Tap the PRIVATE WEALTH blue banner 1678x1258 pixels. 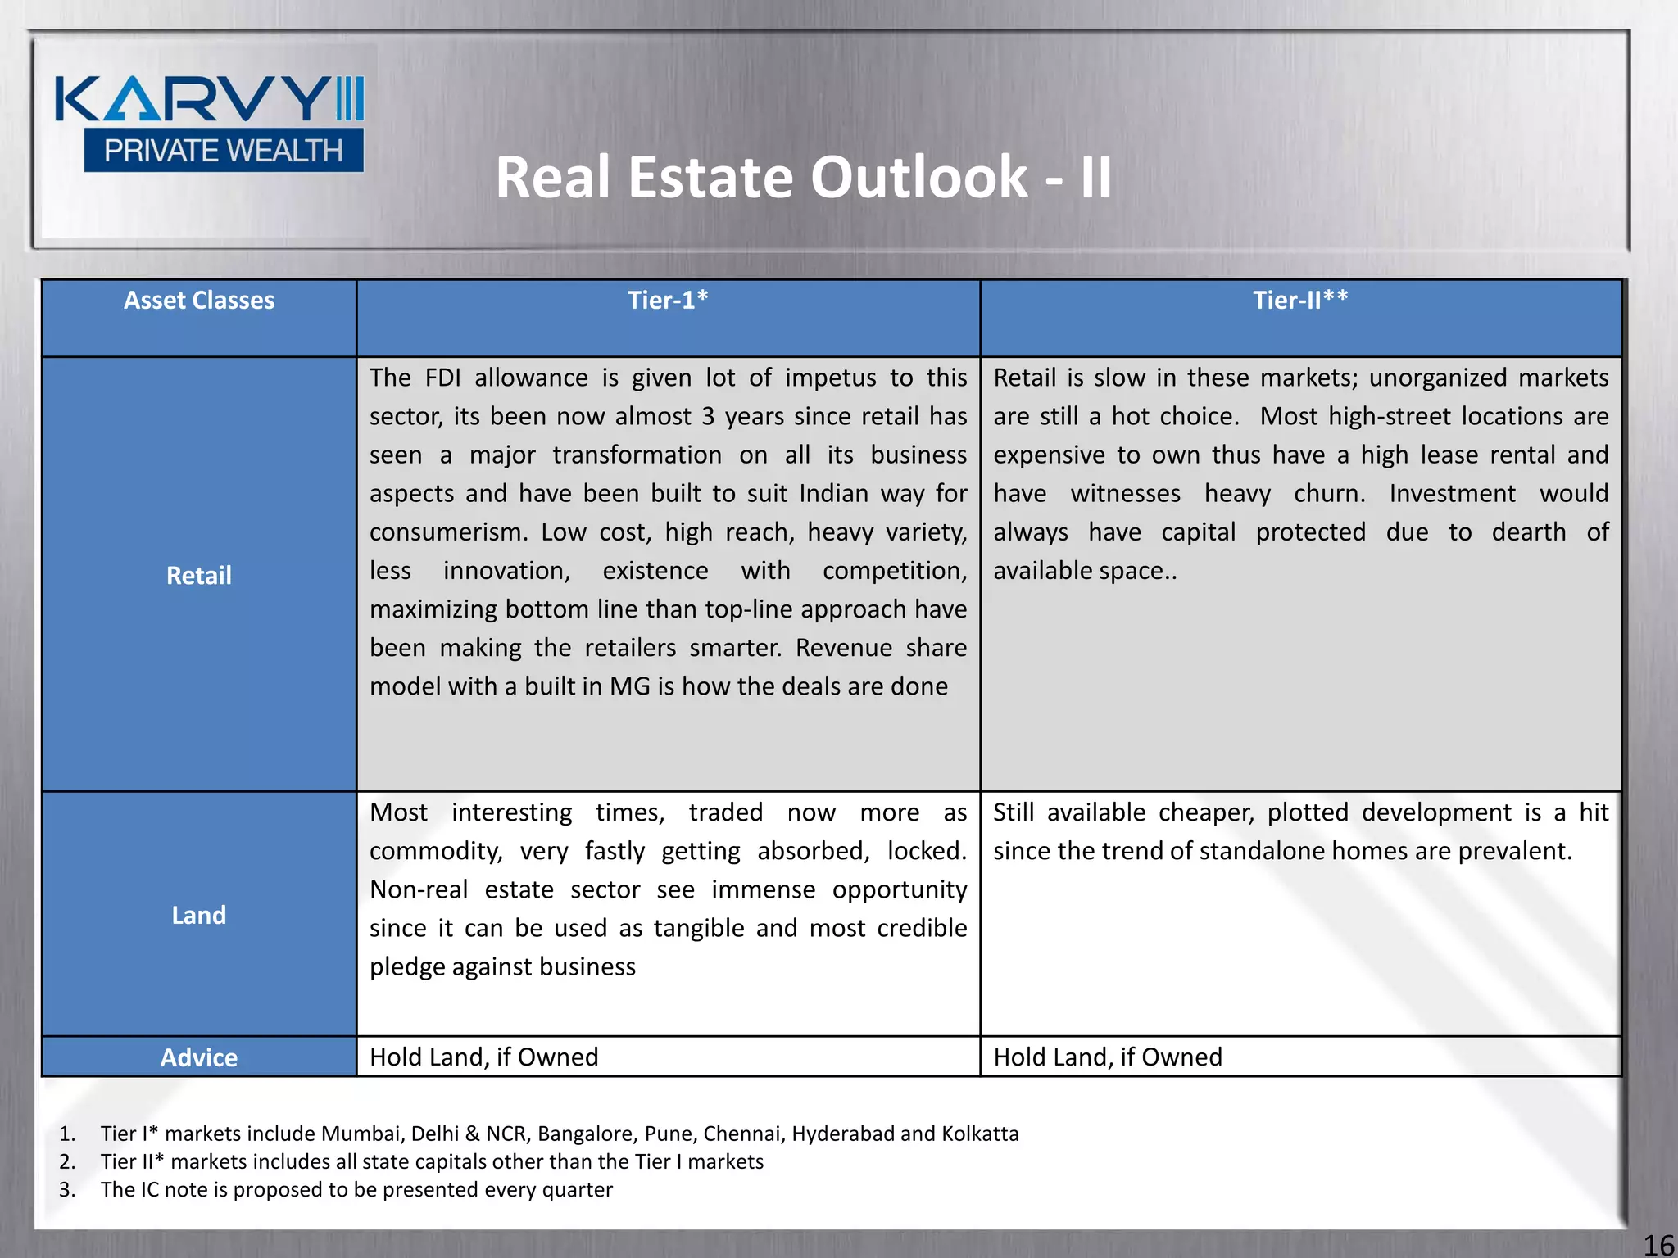(x=223, y=151)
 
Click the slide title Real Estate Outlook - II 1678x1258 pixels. (x=803, y=177)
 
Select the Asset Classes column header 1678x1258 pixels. (x=199, y=301)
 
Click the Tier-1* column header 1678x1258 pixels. (x=668, y=301)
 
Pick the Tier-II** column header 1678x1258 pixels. (x=1300, y=301)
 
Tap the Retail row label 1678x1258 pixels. (x=199, y=575)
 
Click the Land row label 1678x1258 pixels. (x=199, y=915)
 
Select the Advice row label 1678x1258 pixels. (x=199, y=1057)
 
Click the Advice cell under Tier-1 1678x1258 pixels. (x=484, y=1057)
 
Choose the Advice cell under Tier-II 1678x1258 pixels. (x=1108, y=1057)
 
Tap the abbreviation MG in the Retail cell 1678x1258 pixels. (x=629, y=686)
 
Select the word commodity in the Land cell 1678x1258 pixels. (x=435, y=851)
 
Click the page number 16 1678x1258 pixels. (x=1658, y=1245)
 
